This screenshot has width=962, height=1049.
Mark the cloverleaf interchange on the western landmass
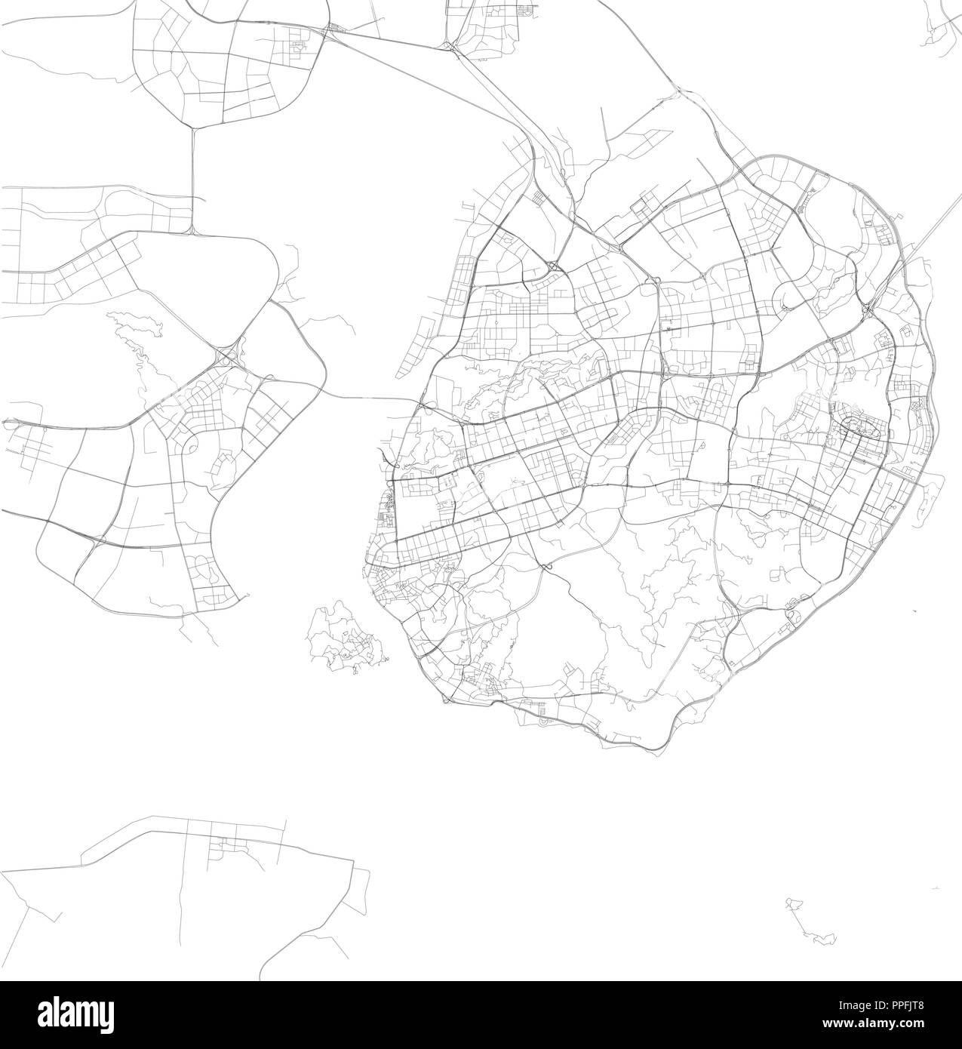tap(226, 358)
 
